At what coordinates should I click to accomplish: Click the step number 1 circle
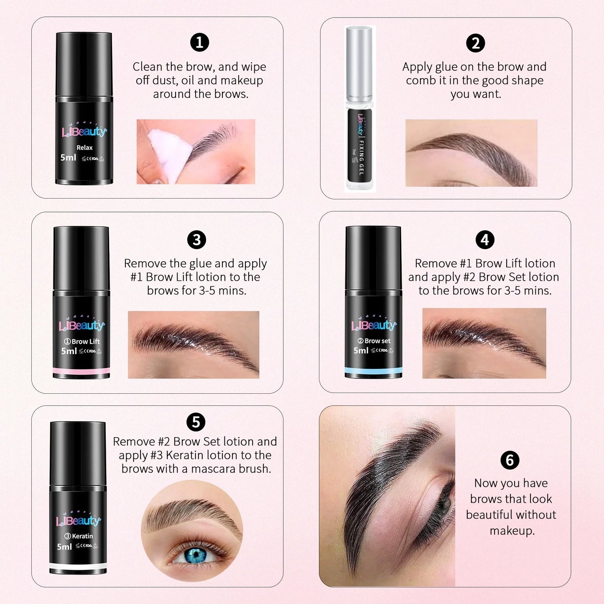coord(199,43)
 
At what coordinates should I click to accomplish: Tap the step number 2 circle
coord(475,43)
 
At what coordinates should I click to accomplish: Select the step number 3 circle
coord(196,240)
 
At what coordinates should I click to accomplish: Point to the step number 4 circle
coord(485,240)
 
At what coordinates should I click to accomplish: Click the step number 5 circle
coord(196,422)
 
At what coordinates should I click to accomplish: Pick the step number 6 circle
coord(510,460)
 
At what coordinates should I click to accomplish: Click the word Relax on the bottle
coord(84,148)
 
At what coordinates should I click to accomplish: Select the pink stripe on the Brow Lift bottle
coord(81,371)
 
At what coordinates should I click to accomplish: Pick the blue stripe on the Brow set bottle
coord(373,370)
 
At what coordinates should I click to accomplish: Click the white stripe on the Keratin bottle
coord(78,566)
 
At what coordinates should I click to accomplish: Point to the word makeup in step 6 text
coord(512,531)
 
